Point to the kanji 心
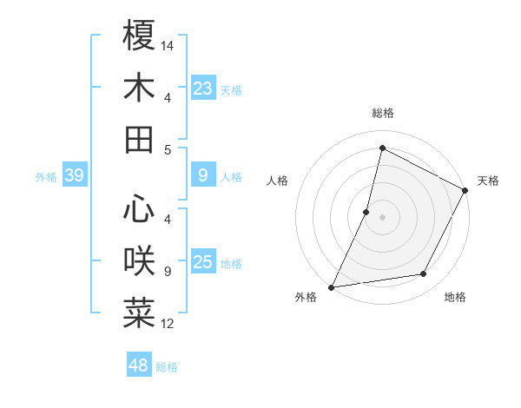(x=139, y=209)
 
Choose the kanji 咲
(x=139, y=260)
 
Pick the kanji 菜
(x=139, y=313)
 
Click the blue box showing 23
(x=202, y=88)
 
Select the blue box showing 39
(x=74, y=176)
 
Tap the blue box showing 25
(x=202, y=263)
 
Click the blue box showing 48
(x=138, y=365)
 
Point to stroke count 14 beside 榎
(x=168, y=44)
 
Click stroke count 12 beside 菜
(x=168, y=324)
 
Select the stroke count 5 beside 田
(x=168, y=150)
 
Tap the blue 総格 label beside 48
(x=167, y=367)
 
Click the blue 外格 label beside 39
(x=46, y=177)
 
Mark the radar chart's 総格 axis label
(x=382, y=113)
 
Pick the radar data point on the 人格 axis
(x=366, y=211)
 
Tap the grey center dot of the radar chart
(x=382, y=217)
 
